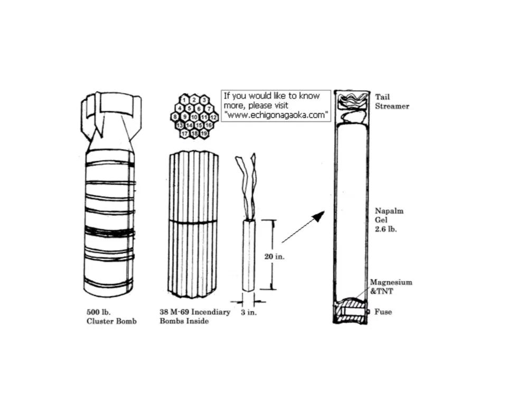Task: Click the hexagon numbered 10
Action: coord(194,117)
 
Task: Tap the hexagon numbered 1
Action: coord(184,100)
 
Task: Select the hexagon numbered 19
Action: coord(204,133)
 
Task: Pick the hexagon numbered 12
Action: coord(214,117)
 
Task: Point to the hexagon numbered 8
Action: coord(175,117)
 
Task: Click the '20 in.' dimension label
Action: coord(275,257)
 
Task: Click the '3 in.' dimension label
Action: coord(249,313)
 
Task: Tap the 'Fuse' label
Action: coord(383,311)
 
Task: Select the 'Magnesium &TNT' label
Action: coord(391,287)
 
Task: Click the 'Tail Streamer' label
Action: coord(392,101)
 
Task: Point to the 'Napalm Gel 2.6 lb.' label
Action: coord(389,220)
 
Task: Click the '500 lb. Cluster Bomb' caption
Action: coord(111,317)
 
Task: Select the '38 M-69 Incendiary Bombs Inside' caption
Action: coord(195,317)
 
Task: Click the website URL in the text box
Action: coord(276,115)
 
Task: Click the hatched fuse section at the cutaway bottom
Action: coord(351,311)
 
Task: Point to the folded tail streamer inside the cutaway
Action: coord(352,108)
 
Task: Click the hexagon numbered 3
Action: coord(204,100)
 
